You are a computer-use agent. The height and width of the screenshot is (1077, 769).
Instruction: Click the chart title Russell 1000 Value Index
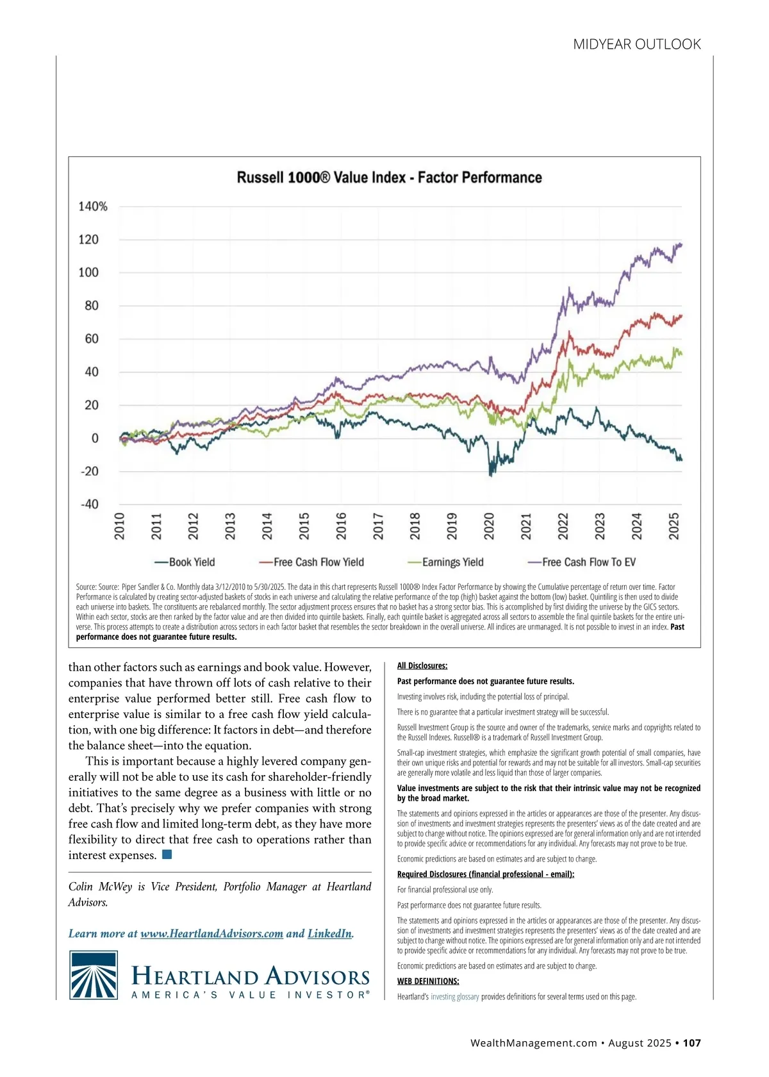(389, 178)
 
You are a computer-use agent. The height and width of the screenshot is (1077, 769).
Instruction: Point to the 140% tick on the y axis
(93, 206)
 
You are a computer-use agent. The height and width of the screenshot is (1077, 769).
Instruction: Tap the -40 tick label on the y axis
(90, 505)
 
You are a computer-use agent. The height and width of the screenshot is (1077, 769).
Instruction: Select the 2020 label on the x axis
(489, 526)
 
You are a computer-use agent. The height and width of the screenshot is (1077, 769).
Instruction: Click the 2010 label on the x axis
(119, 526)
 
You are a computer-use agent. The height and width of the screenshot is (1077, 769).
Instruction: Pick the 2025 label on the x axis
(674, 526)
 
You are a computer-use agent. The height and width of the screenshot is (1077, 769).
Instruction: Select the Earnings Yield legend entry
(446, 562)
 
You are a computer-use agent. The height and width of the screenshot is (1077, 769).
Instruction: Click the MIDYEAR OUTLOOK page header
(637, 44)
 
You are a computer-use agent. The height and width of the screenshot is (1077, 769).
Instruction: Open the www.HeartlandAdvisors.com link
(211, 933)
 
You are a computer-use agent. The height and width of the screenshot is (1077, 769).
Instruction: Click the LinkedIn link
(329, 933)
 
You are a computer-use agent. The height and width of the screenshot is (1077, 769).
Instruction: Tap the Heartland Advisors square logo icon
(94, 975)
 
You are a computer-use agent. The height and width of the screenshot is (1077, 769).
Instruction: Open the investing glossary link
(455, 997)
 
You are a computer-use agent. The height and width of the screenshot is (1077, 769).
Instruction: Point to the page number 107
(691, 1043)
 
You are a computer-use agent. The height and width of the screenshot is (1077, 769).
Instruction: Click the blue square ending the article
(167, 855)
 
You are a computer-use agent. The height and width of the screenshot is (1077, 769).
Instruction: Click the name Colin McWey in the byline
(100, 887)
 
